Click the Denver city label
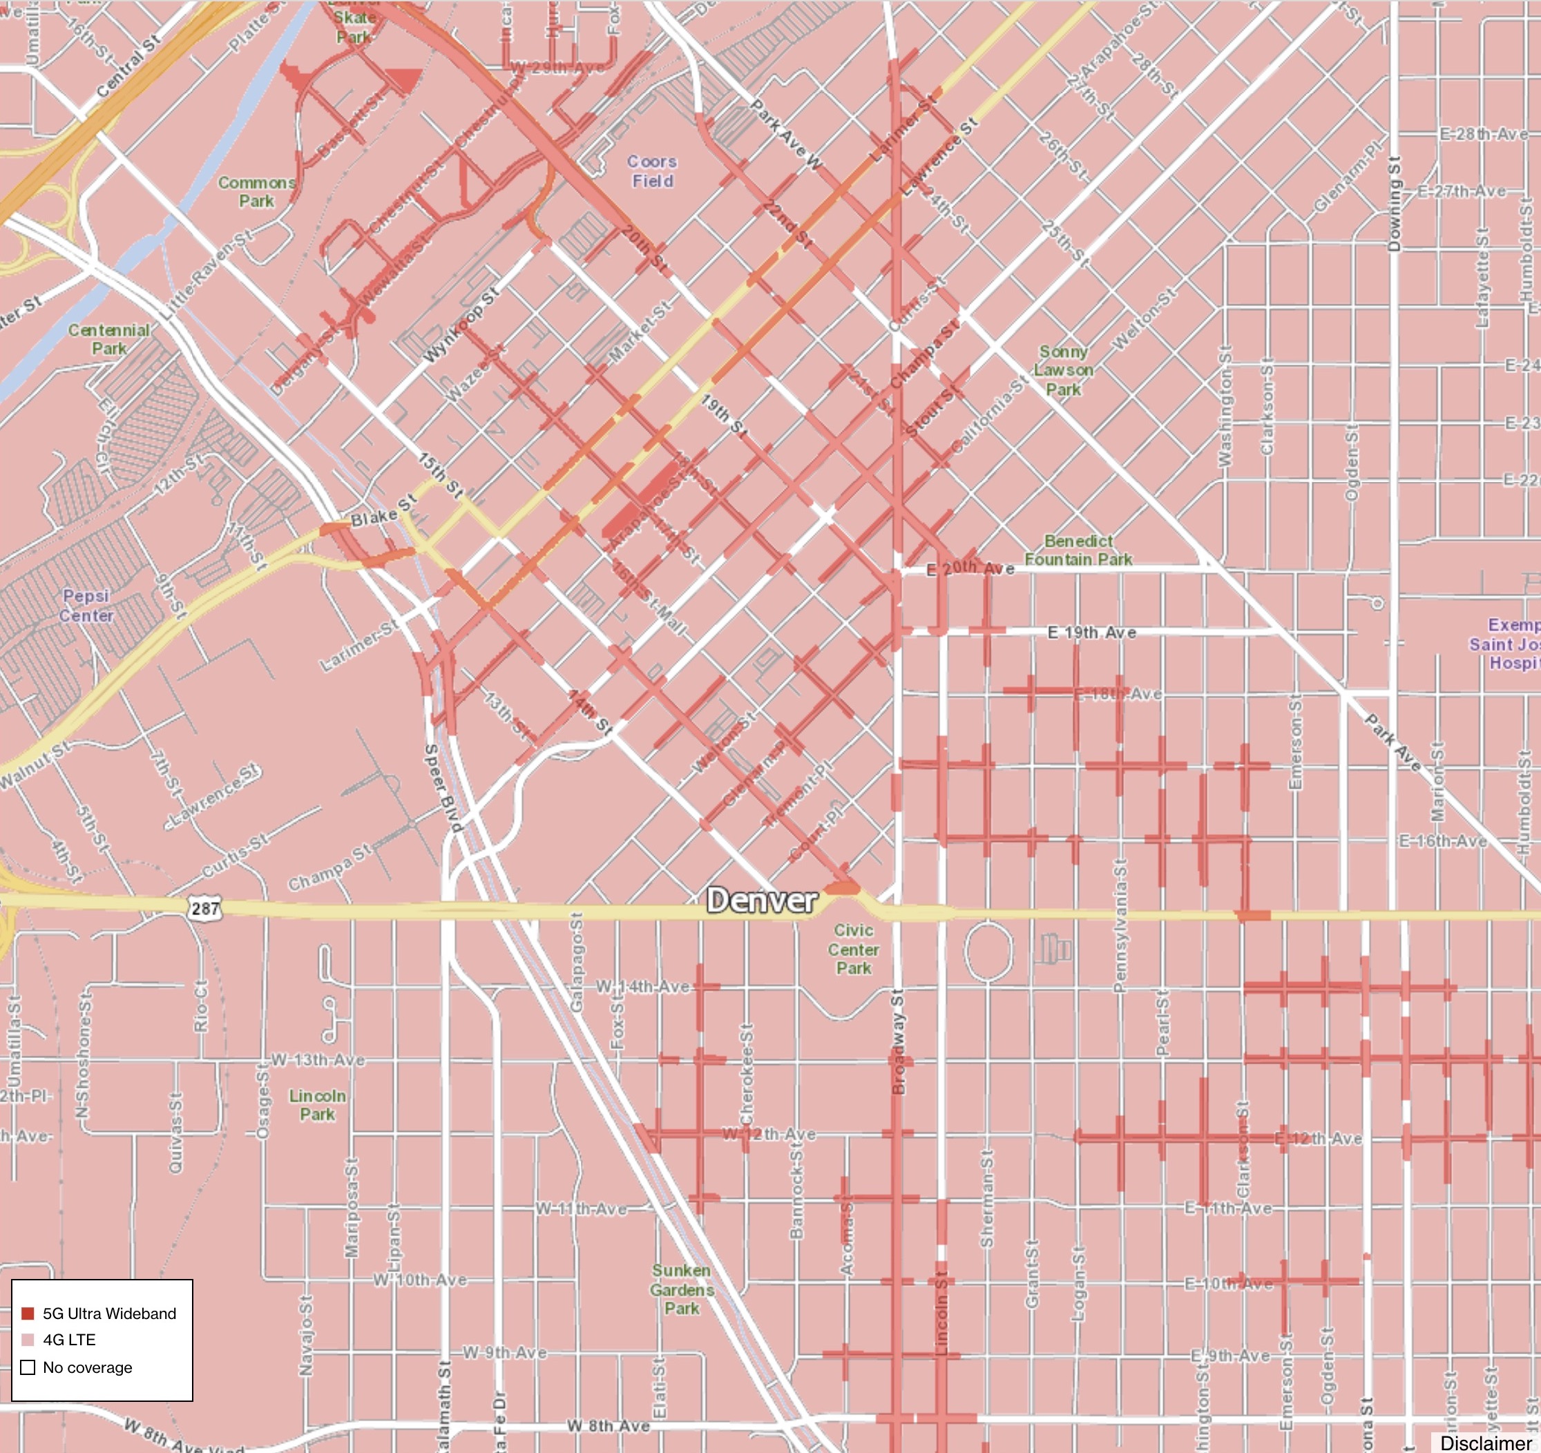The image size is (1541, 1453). [761, 901]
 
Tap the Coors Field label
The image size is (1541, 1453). [652, 171]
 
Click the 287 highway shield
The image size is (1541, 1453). [204, 907]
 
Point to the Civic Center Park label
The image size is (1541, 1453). [854, 950]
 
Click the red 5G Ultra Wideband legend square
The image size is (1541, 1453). [28, 1314]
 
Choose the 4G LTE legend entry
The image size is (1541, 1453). [69, 1340]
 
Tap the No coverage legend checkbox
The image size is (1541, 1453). [28, 1367]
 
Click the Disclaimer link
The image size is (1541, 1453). [1485, 1443]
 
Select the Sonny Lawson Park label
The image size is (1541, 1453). [1064, 370]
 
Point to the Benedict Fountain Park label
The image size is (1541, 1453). [1078, 550]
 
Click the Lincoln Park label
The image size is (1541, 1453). [317, 1105]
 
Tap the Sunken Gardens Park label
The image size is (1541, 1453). [681, 1289]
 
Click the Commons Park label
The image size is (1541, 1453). [256, 191]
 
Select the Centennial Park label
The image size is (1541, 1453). [108, 339]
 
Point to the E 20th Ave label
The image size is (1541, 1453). [970, 568]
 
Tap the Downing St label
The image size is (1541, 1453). [1394, 203]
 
